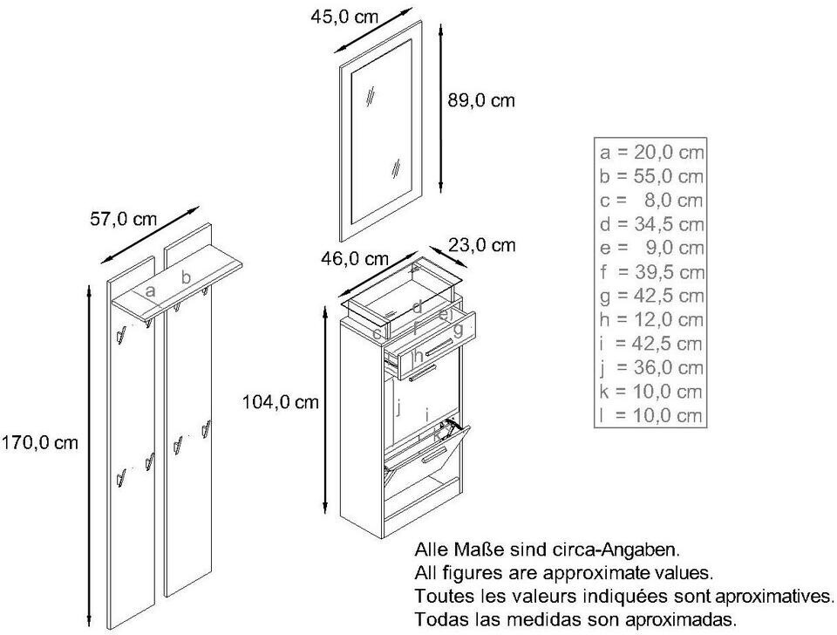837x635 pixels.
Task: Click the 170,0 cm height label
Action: point(40,443)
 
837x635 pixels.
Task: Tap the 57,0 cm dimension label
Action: point(123,219)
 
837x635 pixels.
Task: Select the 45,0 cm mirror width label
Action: point(344,17)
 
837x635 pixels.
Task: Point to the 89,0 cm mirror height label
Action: point(481,100)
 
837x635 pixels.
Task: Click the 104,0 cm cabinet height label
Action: point(281,401)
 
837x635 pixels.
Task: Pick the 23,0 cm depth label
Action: point(482,245)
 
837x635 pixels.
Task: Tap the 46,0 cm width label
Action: point(355,259)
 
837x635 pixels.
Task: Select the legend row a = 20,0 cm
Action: point(651,152)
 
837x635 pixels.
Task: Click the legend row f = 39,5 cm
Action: point(651,272)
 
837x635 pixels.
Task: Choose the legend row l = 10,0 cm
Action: point(651,415)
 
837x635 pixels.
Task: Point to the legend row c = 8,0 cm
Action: point(651,200)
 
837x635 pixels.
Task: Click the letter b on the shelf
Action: point(186,277)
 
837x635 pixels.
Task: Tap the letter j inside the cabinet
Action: point(398,408)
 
